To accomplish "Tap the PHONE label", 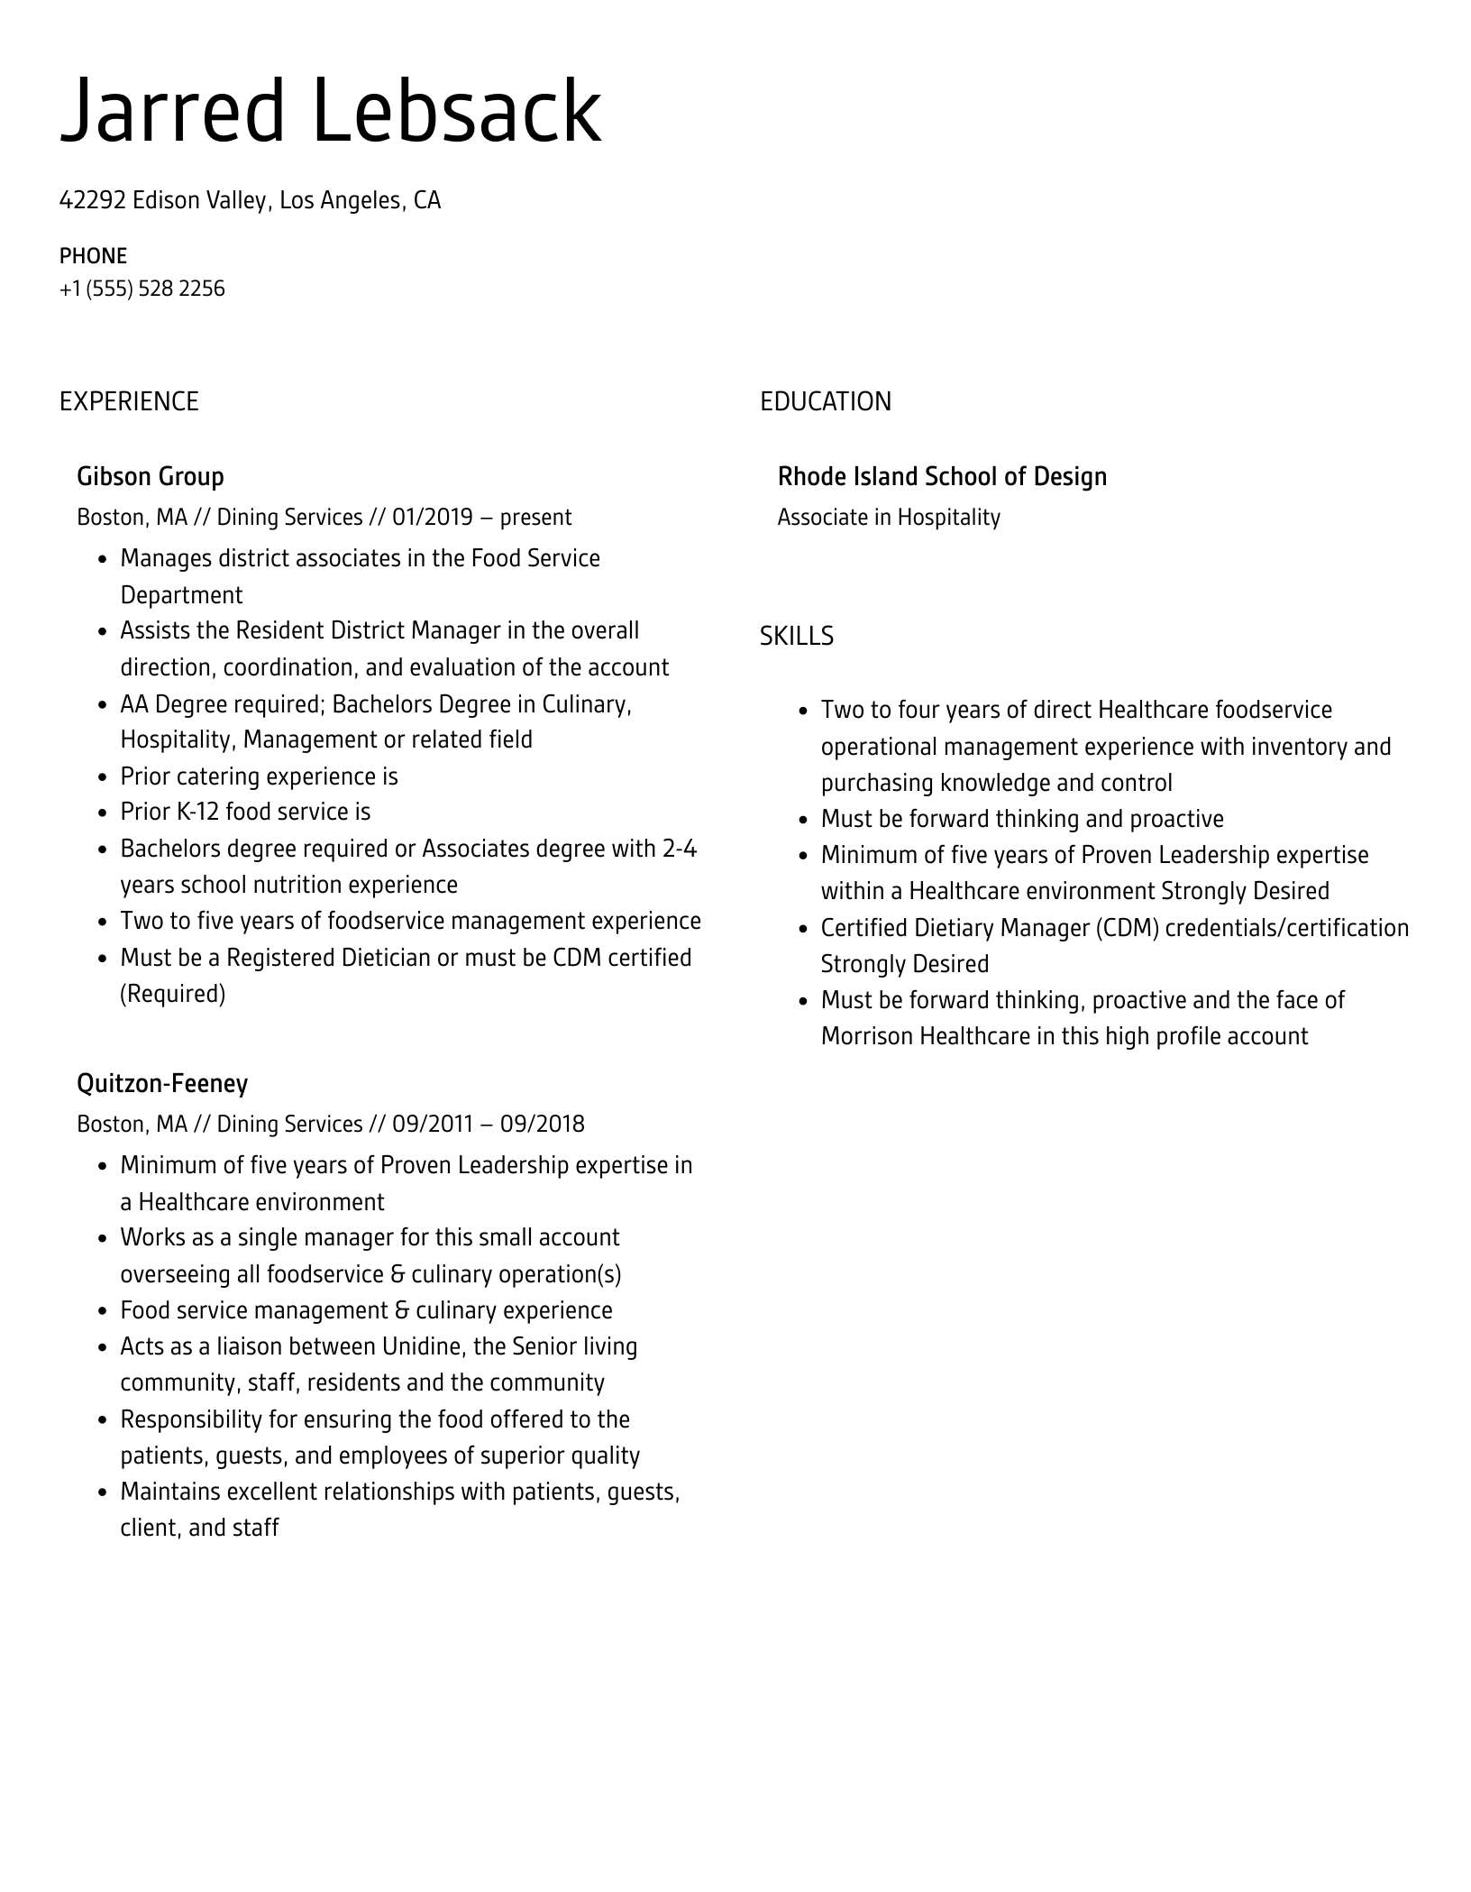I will click(x=93, y=256).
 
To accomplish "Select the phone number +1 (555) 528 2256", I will click(x=142, y=289).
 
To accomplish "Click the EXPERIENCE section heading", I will click(x=129, y=401).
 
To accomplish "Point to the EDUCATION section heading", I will click(x=825, y=401).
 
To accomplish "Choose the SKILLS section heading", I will click(x=796, y=637).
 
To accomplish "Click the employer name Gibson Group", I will click(x=151, y=476).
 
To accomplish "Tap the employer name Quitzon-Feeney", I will click(x=162, y=1083).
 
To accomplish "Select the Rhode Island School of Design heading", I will click(x=942, y=476).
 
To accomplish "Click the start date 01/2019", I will click(x=432, y=518).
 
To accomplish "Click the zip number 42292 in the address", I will click(x=92, y=200).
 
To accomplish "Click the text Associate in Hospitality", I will click(x=889, y=518).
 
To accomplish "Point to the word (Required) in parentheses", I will click(x=172, y=994).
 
